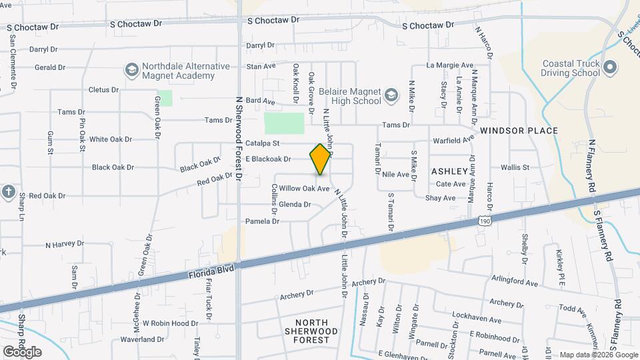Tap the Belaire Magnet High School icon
(393, 95)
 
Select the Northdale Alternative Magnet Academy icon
(131, 70)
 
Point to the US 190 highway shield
(485, 219)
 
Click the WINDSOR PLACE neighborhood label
(519, 131)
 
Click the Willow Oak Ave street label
(305, 189)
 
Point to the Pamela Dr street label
(262, 221)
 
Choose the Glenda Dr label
(295, 204)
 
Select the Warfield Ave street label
(453, 140)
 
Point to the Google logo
(22, 351)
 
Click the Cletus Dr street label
(103, 89)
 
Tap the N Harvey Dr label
(67, 245)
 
